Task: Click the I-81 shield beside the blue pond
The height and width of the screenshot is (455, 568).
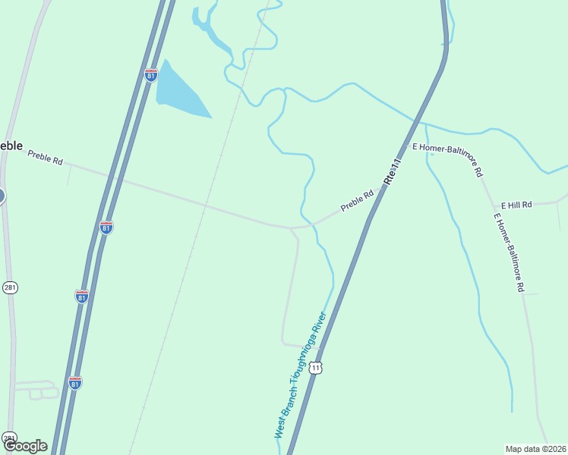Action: point(151,75)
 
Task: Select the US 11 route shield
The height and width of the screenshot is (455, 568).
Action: point(316,367)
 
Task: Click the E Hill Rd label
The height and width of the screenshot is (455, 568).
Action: point(516,205)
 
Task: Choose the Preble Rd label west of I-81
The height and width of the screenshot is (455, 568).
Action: point(45,157)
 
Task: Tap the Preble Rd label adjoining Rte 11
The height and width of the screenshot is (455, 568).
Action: point(357,200)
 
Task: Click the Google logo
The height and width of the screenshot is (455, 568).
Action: point(25,446)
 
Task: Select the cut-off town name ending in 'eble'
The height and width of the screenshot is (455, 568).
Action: point(10,146)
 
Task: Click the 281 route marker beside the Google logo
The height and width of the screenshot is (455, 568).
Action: point(9,438)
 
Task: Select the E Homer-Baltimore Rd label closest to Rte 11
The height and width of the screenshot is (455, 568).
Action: point(447,158)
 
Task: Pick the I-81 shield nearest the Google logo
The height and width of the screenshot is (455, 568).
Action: point(74,383)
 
